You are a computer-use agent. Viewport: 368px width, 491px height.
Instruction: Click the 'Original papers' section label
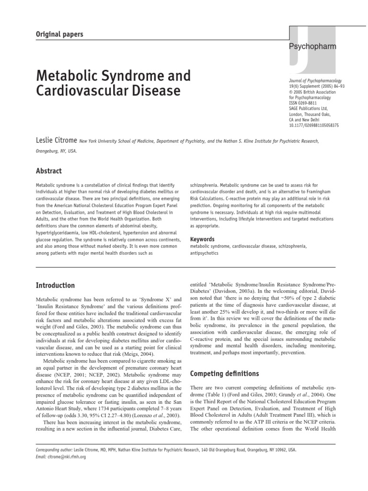(60, 34)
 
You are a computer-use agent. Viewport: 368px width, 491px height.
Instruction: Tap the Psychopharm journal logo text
(319, 47)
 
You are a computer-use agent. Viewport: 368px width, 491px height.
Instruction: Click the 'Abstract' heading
(49, 171)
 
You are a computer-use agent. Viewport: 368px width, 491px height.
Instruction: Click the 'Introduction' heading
(55, 285)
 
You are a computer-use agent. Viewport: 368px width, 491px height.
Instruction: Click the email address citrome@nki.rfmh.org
(61, 457)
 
